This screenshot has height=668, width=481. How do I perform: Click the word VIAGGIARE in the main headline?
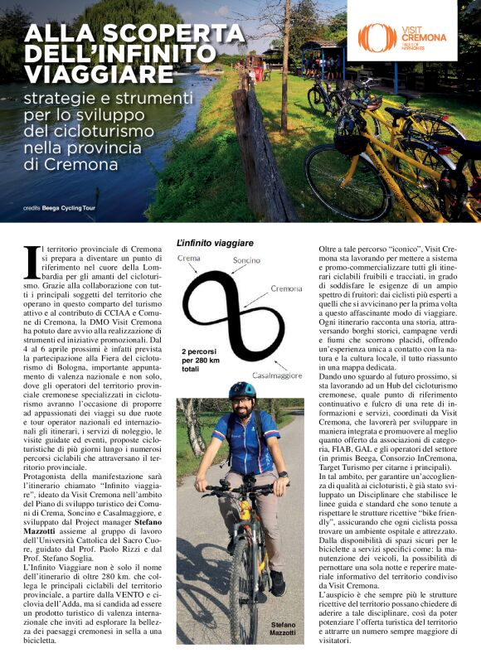point(99,74)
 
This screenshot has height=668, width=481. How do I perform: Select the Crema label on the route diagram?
point(188,259)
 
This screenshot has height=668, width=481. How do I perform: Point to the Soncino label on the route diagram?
point(246,260)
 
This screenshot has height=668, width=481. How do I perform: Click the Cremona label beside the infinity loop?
point(286,288)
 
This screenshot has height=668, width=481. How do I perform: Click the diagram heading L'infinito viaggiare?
point(215,243)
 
